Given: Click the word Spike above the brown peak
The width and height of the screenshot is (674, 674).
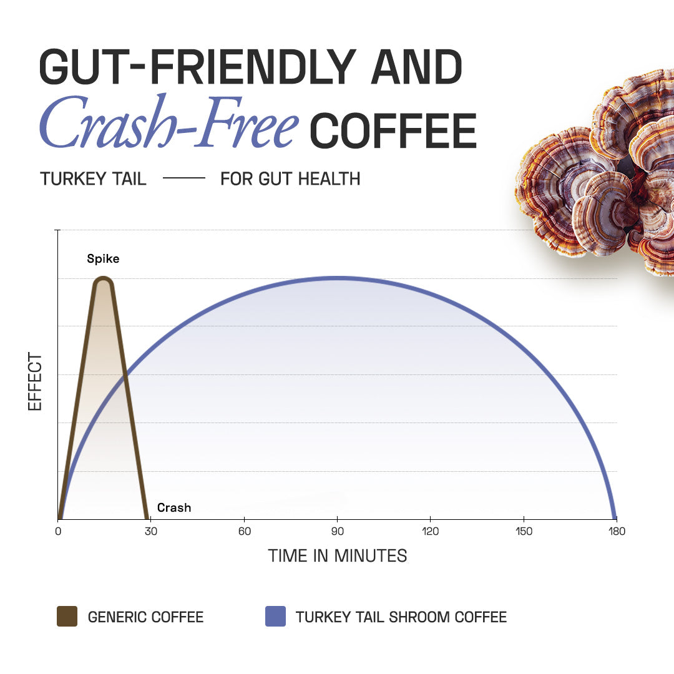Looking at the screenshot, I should click(x=103, y=259).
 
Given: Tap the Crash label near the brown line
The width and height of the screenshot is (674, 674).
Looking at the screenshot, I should click(x=174, y=508).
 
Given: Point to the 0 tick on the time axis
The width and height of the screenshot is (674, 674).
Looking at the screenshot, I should click(x=58, y=531).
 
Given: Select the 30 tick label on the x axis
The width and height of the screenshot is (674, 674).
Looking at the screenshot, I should click(x=151, y=531).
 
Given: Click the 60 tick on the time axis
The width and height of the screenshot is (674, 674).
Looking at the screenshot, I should click(x=244, y=531).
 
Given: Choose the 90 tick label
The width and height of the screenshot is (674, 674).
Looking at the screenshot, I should click(x=337, y=531).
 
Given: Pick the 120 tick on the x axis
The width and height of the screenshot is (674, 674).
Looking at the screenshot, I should click(x=430, y=531).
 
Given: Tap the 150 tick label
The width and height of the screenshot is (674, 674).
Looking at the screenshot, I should click(x=524, y=531).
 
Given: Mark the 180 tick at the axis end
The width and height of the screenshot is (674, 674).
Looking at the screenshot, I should click(x=617, y=531).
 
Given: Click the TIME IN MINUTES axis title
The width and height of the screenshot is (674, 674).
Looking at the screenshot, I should click(x=338, y=555).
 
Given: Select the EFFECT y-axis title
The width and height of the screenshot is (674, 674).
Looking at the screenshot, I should click(x=35, y=381).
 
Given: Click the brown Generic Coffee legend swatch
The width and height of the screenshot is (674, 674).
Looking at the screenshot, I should click(x=67, y=617).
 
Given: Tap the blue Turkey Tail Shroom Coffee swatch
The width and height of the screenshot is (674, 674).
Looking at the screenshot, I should click(x=275, y=617).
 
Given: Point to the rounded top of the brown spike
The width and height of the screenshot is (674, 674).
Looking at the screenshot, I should click(x=103, y=281).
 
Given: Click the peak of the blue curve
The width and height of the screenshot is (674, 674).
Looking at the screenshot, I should click(x=337, y=278).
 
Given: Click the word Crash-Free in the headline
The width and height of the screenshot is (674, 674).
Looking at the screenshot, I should click(x=168, y=123).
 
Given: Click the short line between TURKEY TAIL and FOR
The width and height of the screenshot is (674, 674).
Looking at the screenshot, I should click(x=183, y=178).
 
